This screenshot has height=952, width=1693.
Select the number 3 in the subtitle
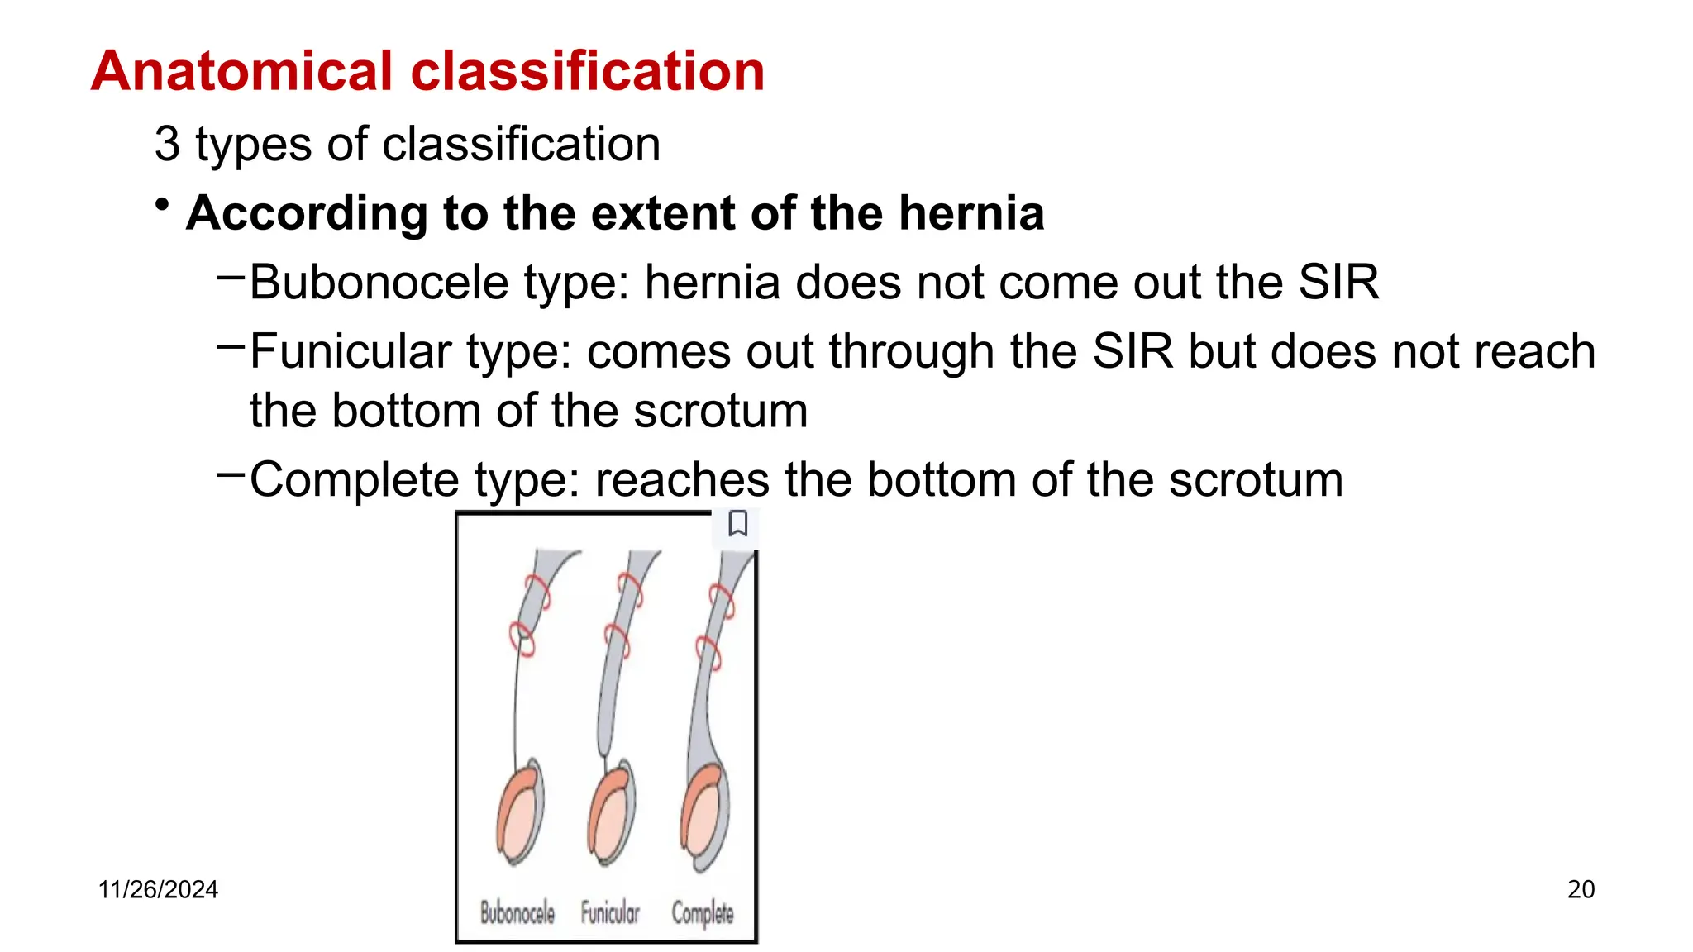pos(167,145)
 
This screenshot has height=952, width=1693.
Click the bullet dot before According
pos(163,204)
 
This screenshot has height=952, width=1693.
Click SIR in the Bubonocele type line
pos(1338,283)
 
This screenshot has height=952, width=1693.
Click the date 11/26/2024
pos(158,890)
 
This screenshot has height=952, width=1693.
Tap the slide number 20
pos(1581,890)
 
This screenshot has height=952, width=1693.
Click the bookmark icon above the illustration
pos(737,524)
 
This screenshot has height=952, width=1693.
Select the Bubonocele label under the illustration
pos(517,913)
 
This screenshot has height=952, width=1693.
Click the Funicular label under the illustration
pos(610,913)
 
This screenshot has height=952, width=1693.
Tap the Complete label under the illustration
pos(702,913)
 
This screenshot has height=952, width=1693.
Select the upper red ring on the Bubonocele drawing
pos(538,590)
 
